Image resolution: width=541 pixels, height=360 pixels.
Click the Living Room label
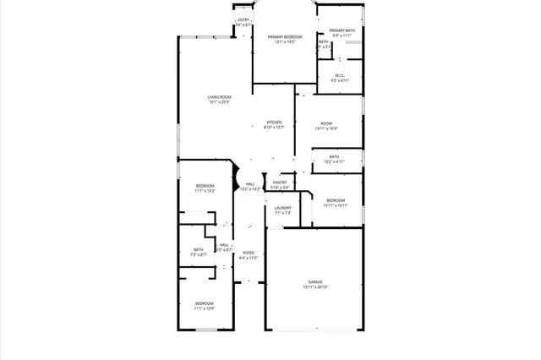coord(220,97)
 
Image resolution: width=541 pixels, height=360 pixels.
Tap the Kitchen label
coord(274,123)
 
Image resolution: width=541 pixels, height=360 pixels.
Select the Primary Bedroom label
coord(286,37)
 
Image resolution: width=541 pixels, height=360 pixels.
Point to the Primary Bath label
coord(342,30)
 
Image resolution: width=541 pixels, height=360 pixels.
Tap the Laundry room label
coord(282,208)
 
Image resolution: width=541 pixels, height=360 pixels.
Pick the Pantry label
coord(280,182)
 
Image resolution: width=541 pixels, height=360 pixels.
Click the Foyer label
coord(249,253)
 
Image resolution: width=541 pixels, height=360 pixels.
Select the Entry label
coord(243,19)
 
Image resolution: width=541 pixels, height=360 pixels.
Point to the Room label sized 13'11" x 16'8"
coord(326,123)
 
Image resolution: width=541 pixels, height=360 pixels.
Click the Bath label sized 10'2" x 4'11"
coord(334,156)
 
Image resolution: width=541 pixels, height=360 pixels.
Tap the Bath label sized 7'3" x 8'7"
coord(199,249)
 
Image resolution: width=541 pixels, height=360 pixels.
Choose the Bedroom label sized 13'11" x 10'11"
coord(336,200)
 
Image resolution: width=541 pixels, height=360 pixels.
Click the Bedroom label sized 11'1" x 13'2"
coord(205,185)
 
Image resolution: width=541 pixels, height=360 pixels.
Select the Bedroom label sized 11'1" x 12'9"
coord(205,303)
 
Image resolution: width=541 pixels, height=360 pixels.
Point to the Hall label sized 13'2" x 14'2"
coord(250,184)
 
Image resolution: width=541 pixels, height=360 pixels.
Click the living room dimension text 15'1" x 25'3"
coord(220,102)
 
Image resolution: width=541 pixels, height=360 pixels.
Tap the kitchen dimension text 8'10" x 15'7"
coord(274,128)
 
